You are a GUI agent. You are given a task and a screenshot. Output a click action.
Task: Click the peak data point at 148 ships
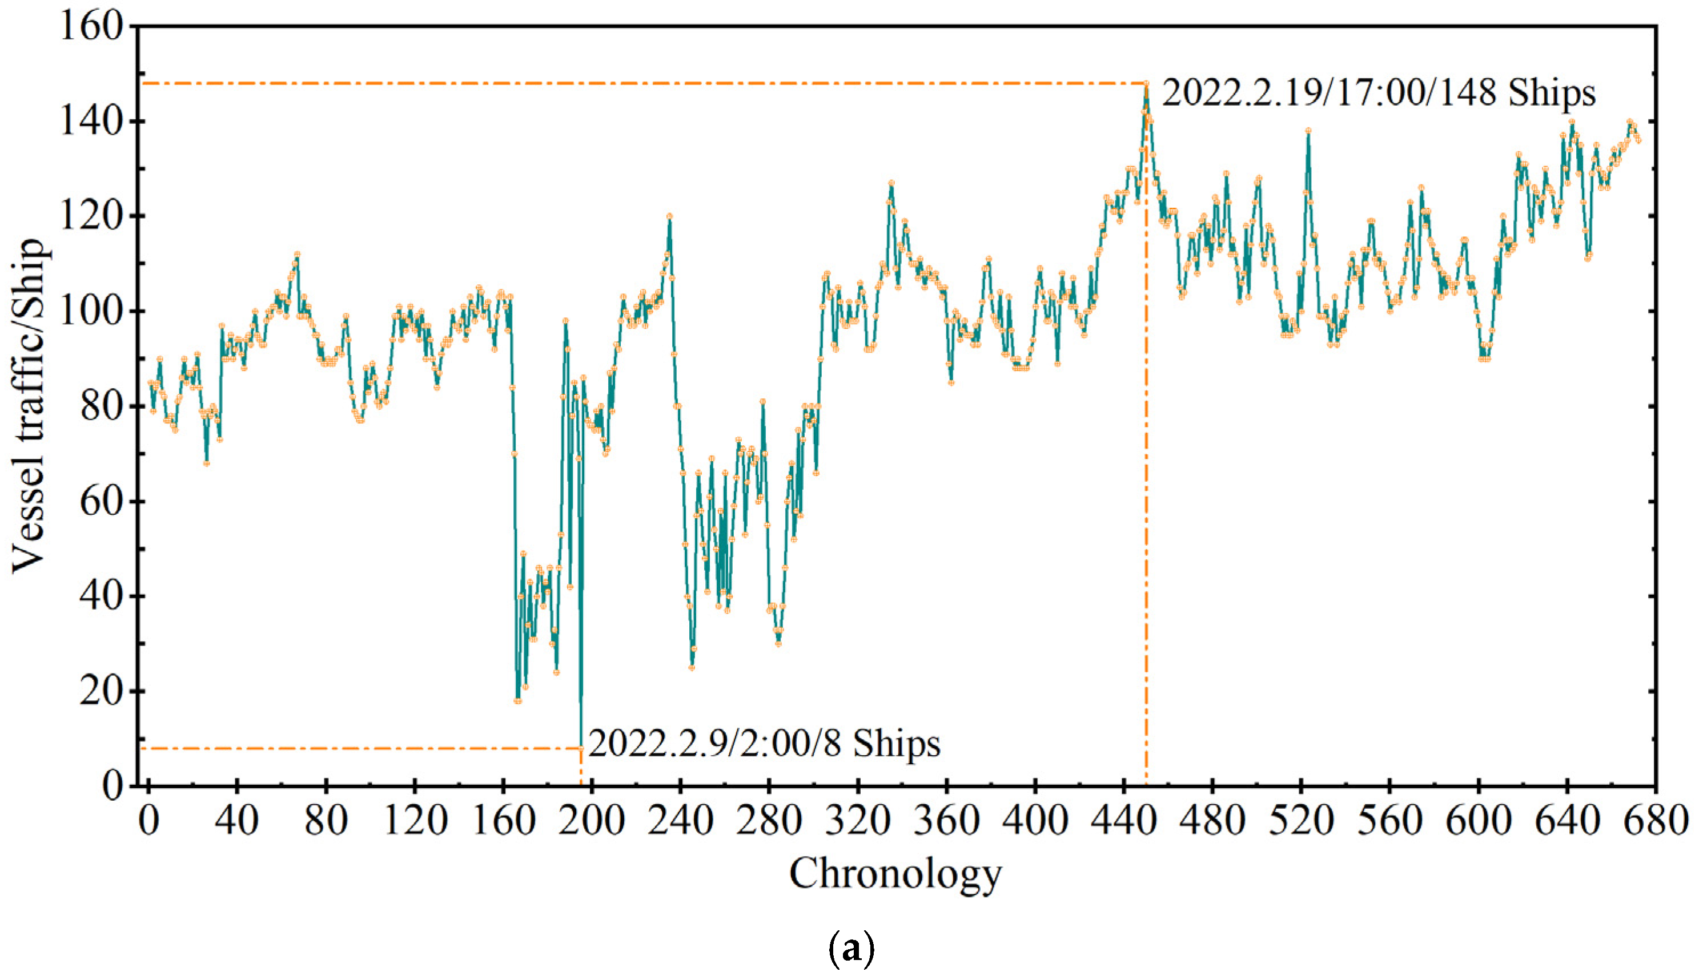(1146, 84)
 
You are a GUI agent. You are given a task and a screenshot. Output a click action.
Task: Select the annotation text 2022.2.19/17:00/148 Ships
(1378, 92)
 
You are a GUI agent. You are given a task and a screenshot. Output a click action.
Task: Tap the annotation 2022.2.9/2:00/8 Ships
(764, 743)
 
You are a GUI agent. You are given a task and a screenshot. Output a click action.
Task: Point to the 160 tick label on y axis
(93, 27)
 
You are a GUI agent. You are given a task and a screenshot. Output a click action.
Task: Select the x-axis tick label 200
(592, 821)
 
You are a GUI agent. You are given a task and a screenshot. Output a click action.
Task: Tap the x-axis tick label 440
(1124, 821)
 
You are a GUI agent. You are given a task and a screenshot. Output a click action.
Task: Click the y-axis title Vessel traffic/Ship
(30, 407)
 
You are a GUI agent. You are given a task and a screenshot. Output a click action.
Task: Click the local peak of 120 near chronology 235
(669, 216)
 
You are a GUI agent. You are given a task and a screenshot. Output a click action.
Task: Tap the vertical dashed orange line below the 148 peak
(1146, 469)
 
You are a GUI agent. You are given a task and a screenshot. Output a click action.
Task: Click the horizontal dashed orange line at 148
(637, 83)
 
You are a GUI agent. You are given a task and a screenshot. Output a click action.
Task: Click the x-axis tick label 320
(858, 821)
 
